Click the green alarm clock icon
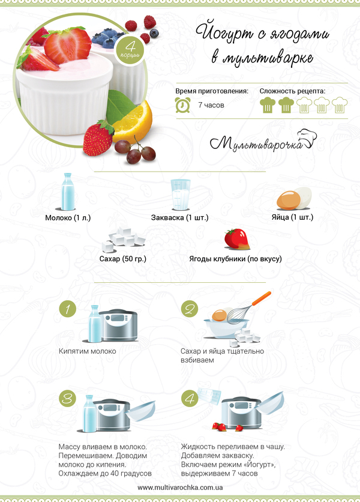click(183, 105)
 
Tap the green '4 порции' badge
click(130, 50)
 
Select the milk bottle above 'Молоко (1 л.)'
click(68, 192)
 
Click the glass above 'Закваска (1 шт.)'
click(181, 195)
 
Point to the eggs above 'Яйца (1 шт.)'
click(294, 199)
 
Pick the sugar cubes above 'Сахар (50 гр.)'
click(123, 240)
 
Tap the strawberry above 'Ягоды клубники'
click(237, 239)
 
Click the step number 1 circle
click(68, 309)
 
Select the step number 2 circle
click(190, 309)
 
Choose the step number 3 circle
click(68, 399)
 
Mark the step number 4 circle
click(190, 399)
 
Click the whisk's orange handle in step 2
click(262, 298)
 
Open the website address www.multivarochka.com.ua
click(180, 488)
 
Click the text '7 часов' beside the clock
click(211, 105)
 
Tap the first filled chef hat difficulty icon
click(268, 105)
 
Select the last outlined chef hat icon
click(339, 105)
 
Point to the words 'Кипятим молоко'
click(88, 351)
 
